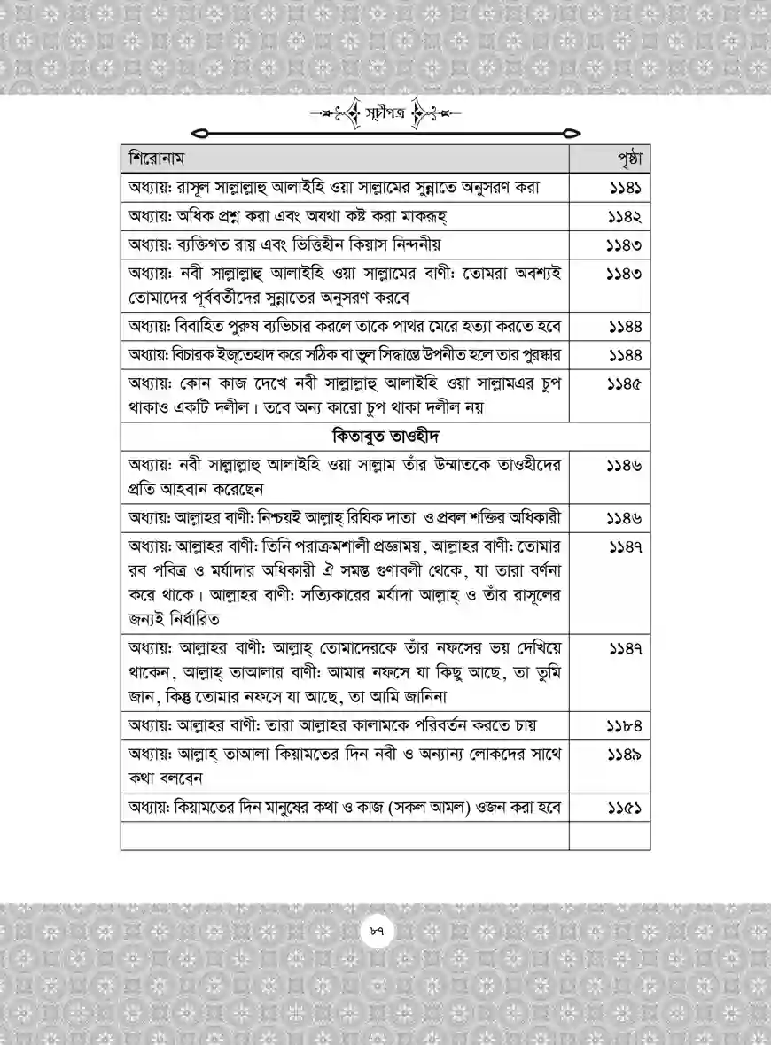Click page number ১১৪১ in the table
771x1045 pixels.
[x=625, y=190]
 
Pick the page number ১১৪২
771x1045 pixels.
[x=625, y=217]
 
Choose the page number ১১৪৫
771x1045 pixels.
[x=625, y=384]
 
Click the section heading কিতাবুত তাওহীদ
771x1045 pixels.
[x=386, y=437]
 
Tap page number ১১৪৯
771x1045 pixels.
[x=625, y=755]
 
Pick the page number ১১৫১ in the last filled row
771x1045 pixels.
[x=625, y=809]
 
